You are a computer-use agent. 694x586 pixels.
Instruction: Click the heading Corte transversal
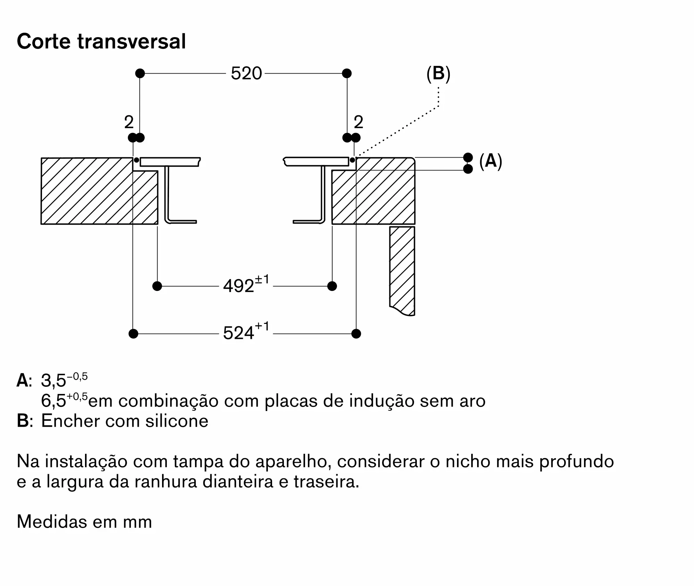[101, 41]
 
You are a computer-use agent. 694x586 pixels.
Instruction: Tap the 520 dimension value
[246, 74]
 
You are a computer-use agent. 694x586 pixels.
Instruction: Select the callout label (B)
[438, 74]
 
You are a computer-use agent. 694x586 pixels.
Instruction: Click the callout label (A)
[491, 161]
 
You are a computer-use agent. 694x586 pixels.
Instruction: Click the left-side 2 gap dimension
[129, 122]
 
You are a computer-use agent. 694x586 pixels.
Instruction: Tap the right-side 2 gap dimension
[358, 122]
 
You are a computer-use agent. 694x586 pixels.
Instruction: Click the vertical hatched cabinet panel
[402, 271]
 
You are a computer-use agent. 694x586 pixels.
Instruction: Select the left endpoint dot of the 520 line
[140, 73]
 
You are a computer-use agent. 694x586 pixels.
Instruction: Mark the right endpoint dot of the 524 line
[356, 334]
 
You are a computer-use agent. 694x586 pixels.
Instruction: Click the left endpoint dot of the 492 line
[157, 286]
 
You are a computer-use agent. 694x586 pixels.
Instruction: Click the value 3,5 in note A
[53, 380]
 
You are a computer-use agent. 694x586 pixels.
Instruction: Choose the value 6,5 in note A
[53, 401]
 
